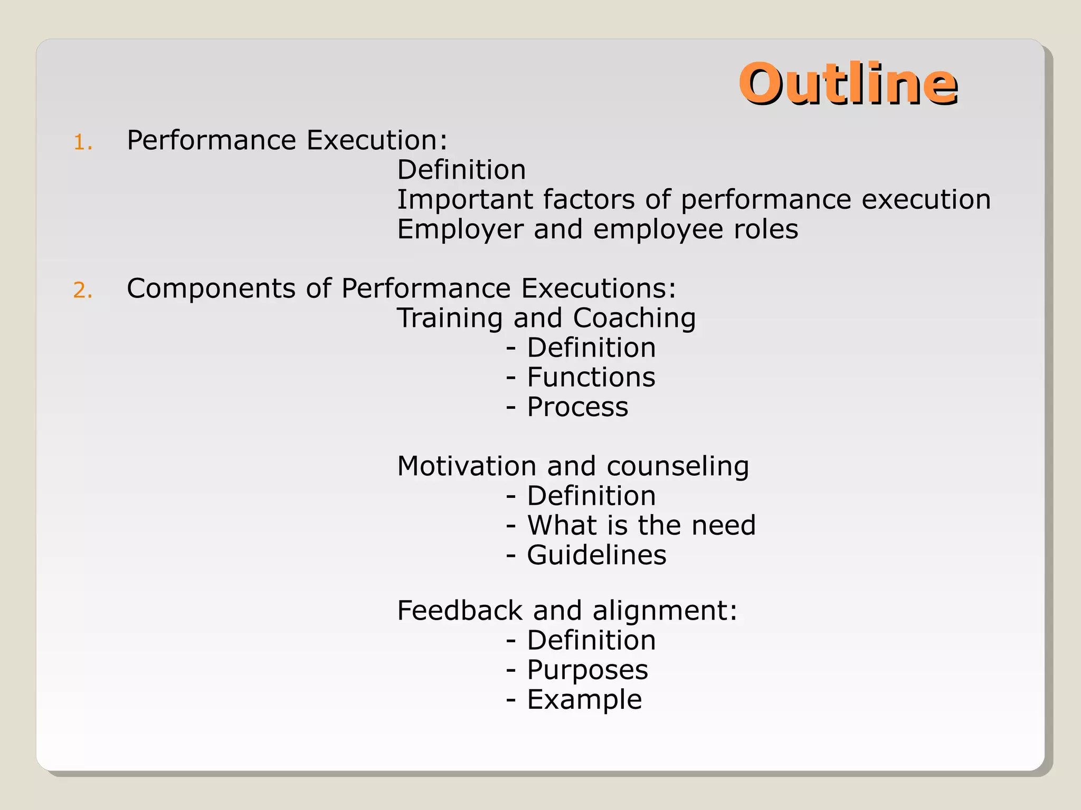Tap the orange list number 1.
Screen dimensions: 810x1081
[83, 143]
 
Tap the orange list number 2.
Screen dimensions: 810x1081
[83, 291]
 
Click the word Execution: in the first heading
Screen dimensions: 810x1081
[377, 140]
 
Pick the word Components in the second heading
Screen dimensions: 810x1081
[211, 289]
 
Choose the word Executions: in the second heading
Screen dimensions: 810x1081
[599, 288]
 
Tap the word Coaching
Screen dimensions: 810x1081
[634, 319]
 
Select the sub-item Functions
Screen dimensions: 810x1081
[591, 378]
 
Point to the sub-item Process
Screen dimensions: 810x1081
[578, 408]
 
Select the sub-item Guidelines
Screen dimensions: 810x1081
[596, 555]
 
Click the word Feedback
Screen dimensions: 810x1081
[460, 611]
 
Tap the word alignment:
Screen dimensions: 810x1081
[665, 612]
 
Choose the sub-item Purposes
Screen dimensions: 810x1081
[587, 671]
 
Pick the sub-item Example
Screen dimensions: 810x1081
[584, 700]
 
